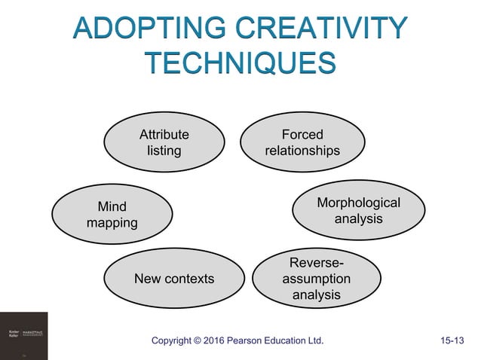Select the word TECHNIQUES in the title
pos(240,62)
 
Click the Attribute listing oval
pos(164,143)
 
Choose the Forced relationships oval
pos(302,143)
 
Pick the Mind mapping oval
pos(112,214)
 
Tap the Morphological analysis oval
pos(357,211)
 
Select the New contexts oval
pos(173,279)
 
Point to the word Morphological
pos(358,203)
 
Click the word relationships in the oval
pos(302,151)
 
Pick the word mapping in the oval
pos(112,222)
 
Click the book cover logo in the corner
pos(23,335)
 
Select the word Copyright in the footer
pos(178,341)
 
